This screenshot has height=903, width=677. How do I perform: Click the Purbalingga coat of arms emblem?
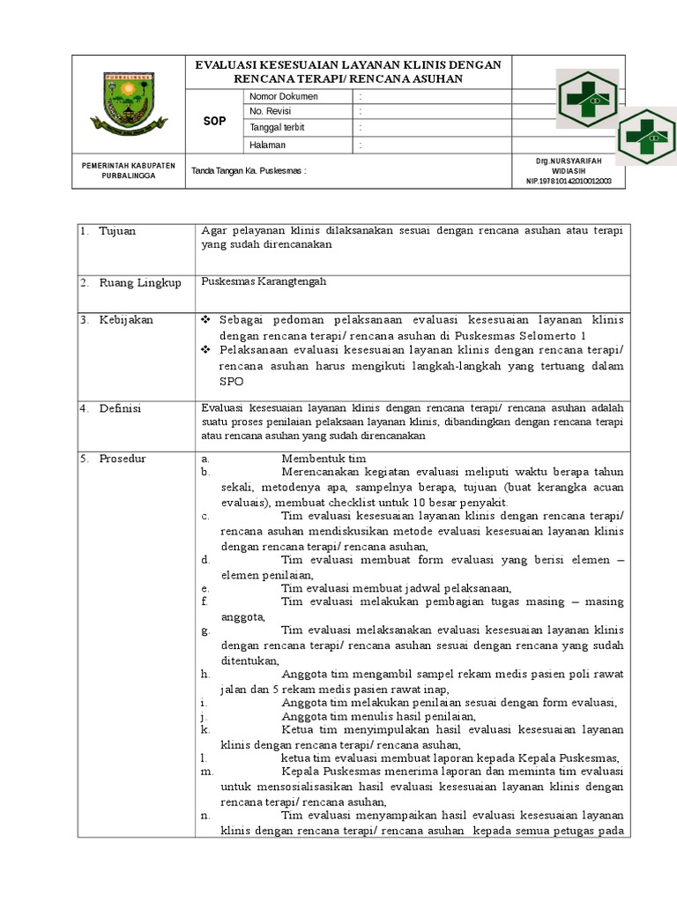pyautogui.click(x=127, y=103)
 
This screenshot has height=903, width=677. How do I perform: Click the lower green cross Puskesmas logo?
pyautogui.click(x=647, y=137)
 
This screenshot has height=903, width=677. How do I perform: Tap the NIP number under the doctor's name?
pyautogui.click(x=574, y=181)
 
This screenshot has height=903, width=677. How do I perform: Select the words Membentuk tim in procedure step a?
pyautogui.click(x=323, y=459)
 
